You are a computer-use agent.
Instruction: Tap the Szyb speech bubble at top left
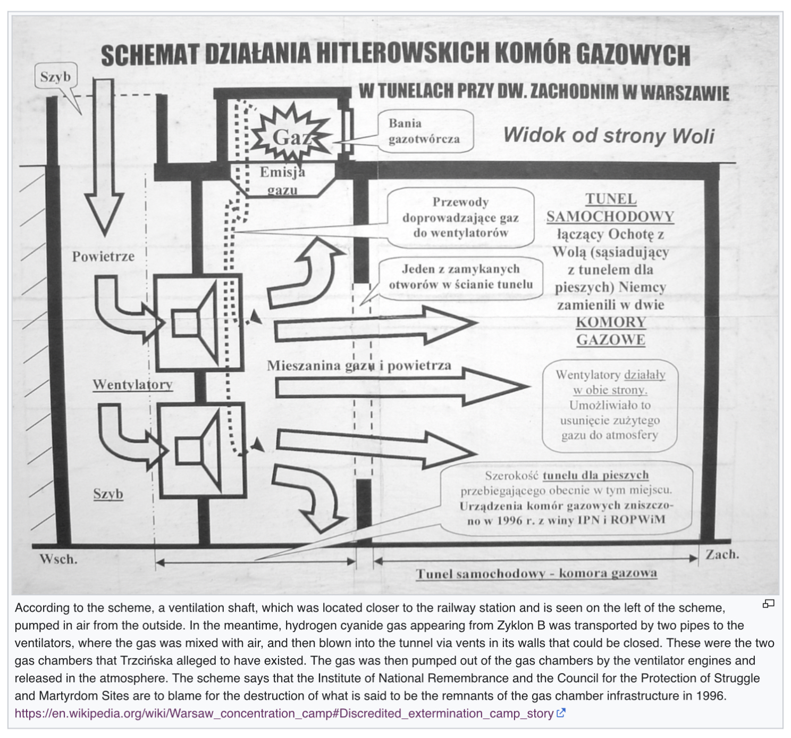pyautogui.click(x=55, y=78)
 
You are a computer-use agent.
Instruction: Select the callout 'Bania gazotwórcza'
pyautogui.click(x=424, y=131)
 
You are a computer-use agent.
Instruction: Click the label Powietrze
pyautogui.click(x=103, y=257)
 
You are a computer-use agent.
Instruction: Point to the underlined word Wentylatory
pyautogui.click(x=132, y=385)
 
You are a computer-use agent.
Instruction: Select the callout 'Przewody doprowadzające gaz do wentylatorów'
pyautogui.click(x=460, y=217)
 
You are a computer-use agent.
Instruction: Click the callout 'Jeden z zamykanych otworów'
pyautogui.click(x=460, y=277)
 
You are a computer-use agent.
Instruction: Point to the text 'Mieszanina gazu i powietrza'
pyautogui.click(x=359, y=366)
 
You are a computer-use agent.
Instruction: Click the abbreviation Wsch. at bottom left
pyautogui.click(x=58, y=559)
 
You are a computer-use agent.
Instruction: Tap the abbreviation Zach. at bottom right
pyautogui.click(x=722, y=554)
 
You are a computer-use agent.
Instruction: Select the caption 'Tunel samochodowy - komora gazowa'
pyautogui.click(x=536, y=573)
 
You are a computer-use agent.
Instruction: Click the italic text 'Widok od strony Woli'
pyautogui.click(x=609, y=135)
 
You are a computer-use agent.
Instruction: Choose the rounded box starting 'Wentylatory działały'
pyautogui.click(x=610, y=405)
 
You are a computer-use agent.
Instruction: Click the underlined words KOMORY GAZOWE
pyautogui.click(x=611, y=331)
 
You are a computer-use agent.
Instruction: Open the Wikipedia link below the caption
pyautogui.click(x=284, y=714)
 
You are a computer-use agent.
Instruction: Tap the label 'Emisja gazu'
pyautogui.click(x=282, y=180)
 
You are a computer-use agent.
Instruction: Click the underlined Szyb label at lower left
pyautogui.click(x=108, y=494)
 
